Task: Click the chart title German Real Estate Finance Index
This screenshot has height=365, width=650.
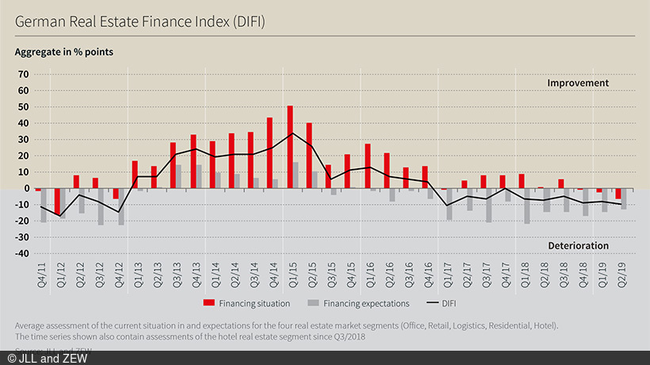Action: point(140,21)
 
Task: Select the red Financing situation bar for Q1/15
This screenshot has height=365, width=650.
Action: point(290,147)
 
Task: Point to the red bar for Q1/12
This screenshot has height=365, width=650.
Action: point(57,202)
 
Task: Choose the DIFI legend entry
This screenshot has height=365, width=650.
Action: point(448,302)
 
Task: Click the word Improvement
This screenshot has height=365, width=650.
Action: point(578,83)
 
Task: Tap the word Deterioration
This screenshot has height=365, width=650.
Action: point(578,246)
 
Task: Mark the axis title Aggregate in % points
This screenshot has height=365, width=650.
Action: point(63,52)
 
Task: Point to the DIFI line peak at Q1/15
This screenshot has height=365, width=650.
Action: point(292,133)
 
